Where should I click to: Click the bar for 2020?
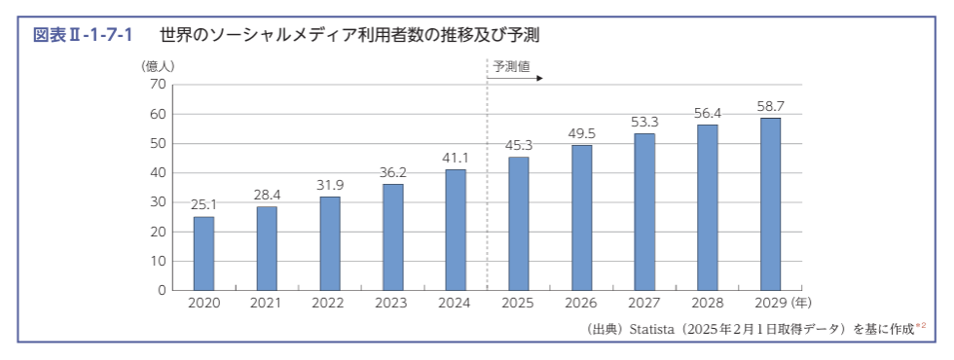(203, 253)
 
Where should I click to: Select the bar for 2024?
(456, 230)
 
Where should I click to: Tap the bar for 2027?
(644, 211)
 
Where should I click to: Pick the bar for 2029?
(770, 203)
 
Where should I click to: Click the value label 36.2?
(392, 173)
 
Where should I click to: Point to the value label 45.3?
(518, 146)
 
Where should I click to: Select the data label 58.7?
(770, 106)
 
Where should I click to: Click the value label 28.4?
(267, 196)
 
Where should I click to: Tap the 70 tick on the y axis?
(158, 85)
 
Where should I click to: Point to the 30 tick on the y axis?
(158, 202)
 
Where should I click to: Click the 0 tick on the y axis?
(162, 290)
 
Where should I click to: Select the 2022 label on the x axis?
(329, 304)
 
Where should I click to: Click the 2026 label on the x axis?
(581, 304)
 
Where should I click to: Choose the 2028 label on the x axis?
(707, 304)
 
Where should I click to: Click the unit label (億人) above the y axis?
(158, 66)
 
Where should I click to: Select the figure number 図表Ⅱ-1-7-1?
(83, 35)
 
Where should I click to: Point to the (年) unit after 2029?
(803, 304)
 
